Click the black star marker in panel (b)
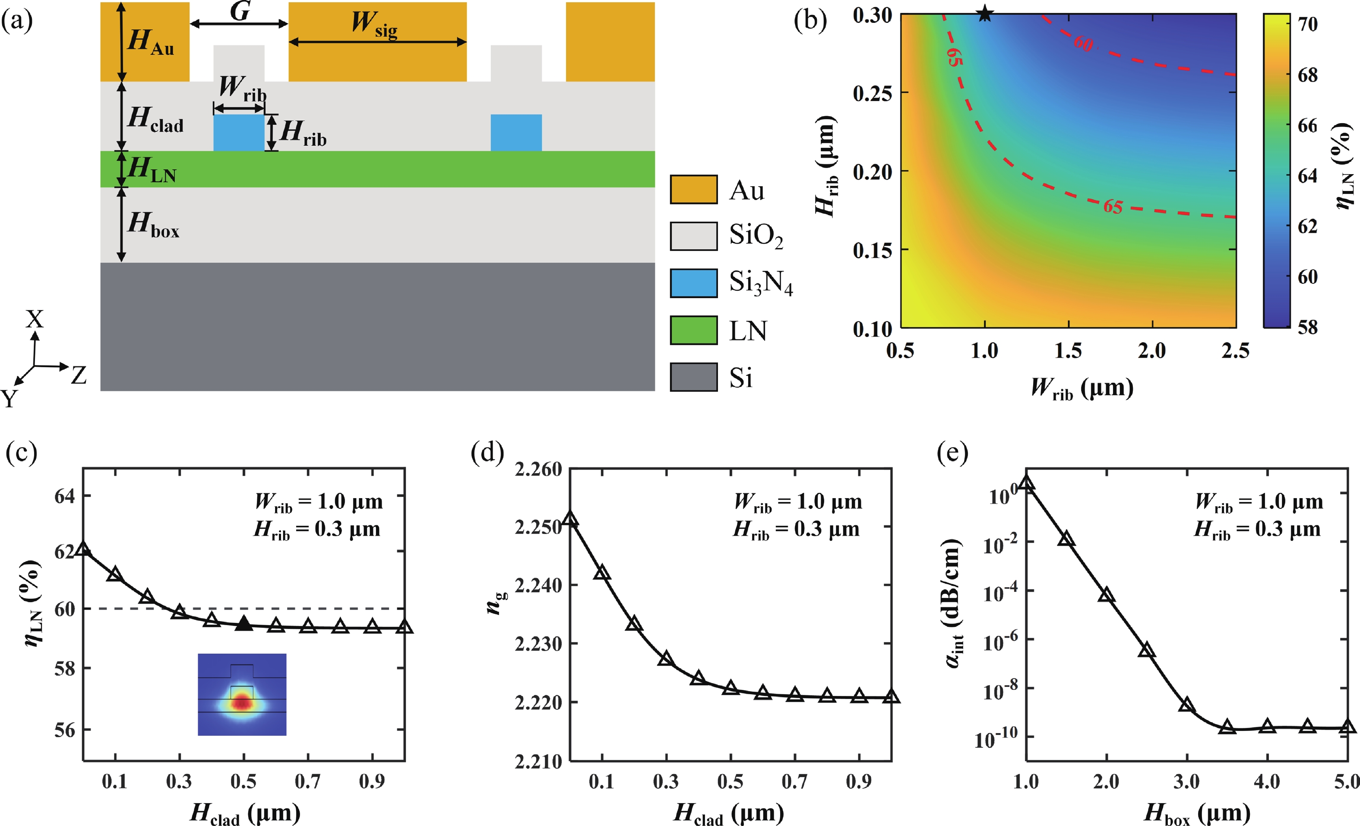tap(985, 14)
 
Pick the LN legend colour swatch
tap(694, 330)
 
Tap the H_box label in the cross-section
tap(153, 224)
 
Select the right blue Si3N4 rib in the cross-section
tap(516, 133)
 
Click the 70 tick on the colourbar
tap(1307, 24)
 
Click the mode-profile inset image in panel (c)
tap(242, 694)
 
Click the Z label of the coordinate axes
tap(79, 375)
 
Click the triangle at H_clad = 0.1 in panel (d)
tap(602, 572)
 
